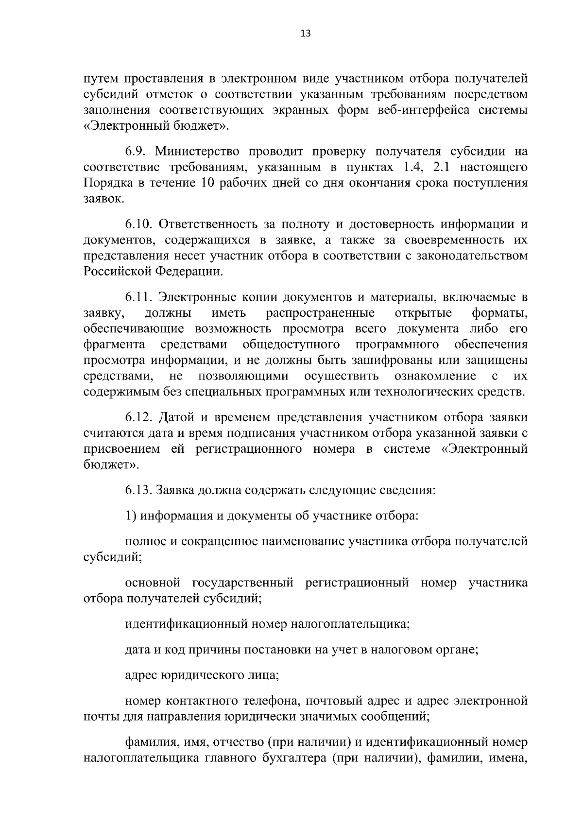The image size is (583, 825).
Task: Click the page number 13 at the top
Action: [306, 34]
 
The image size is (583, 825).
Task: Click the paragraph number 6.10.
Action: [140, 224]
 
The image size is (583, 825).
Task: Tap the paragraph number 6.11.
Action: [139, 297]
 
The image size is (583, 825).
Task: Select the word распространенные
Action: [320, 312]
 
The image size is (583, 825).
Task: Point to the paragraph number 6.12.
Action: [140, 417]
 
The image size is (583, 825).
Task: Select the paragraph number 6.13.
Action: [139, 490]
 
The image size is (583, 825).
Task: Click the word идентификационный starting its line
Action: [187, 623]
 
